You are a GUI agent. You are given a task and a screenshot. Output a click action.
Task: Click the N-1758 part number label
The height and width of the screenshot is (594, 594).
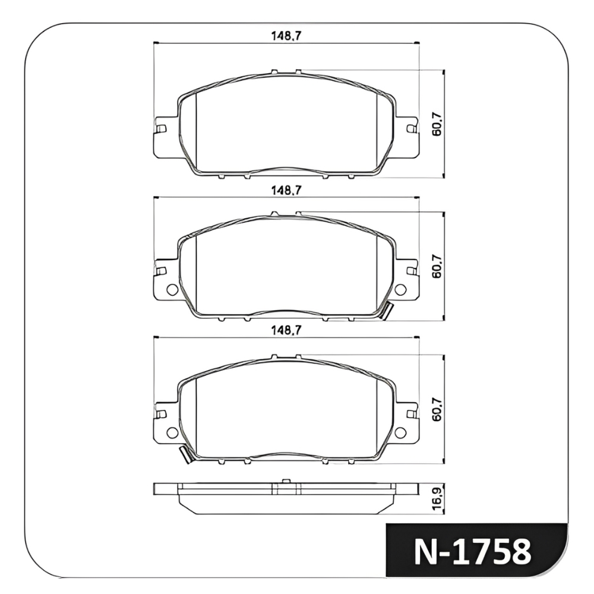pyautogui.click(x=472, y=552)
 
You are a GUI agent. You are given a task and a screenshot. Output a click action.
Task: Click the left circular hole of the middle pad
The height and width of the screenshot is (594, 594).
pyautogui.click(x=172, y=290)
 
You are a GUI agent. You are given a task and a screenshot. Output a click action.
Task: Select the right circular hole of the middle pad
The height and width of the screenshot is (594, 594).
pyautogui.click(x=400, y=290)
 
